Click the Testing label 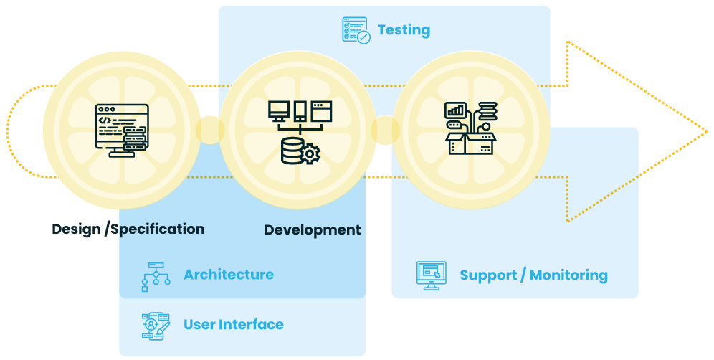point(404,30)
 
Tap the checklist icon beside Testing point(356,31)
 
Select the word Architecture point(228,275)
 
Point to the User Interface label point(233,325)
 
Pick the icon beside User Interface point(156,326)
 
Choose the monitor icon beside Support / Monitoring point(432,275)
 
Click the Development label point(312,230)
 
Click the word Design point(76,229)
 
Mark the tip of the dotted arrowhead point(706,131)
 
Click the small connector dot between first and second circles point(209,130)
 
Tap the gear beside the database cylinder point(310,154)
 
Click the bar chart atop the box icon point(455,110)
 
